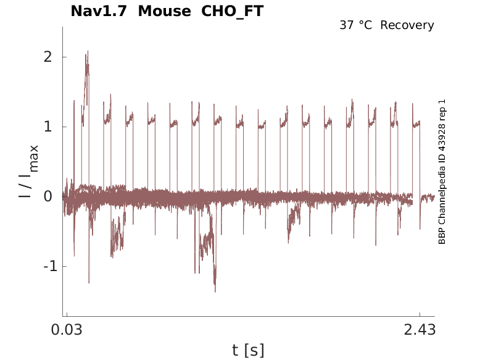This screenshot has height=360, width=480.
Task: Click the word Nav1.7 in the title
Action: click(x=99, y=11)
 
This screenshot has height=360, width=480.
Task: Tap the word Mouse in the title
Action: click(x=165, y=11)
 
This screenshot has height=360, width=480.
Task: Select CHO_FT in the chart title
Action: click(x=233, y=11)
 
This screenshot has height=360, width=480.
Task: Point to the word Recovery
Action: click(x=407, y=25)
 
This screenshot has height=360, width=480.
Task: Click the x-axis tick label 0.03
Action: click(x=67, y=330)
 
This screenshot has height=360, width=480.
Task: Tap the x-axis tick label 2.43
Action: click(x=420, y=330)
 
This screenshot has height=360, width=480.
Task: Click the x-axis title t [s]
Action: click(x=248, y=351)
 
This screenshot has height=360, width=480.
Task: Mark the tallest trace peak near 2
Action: click(x=88, y=52)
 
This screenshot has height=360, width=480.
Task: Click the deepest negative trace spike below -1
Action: click(x=215, y=290)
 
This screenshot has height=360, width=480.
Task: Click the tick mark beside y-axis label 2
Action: click(x=64, y=57)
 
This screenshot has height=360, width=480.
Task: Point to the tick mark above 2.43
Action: click(x=420, y=315)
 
